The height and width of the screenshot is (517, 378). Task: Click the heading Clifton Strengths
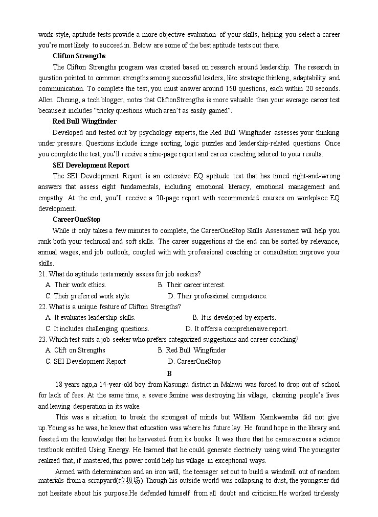pyautogui.click(x=79, y=56)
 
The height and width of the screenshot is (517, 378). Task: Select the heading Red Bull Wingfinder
pyautogui.click(x=84, y=122)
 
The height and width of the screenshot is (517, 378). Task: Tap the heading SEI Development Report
pyautogui.click(x=91, y=165)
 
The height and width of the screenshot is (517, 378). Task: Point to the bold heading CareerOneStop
pyautogui.click(x=76, y=220)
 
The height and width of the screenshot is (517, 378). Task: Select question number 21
pyautogui.click(x=42, y=274)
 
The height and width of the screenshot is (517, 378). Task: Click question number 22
pyautogui.click(x=42, y=307)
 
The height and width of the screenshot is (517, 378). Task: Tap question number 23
pyautogui.click(x=42, y=340)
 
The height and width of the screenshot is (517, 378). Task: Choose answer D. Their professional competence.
pyautogui.click(x=218, y=296)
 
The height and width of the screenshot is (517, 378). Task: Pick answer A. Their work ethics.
pyautogui.click(x=76, y=285)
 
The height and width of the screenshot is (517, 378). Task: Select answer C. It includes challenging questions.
pyautogui.click(x=97, y=329)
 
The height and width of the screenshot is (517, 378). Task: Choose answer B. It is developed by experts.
pyautogui.click(x=234, y=318)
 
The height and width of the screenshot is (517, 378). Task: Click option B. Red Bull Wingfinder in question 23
pyautogui.click(x=192, y=350)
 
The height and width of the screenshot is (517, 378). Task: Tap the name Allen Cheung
pyautogui.click(x=57, y=100)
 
